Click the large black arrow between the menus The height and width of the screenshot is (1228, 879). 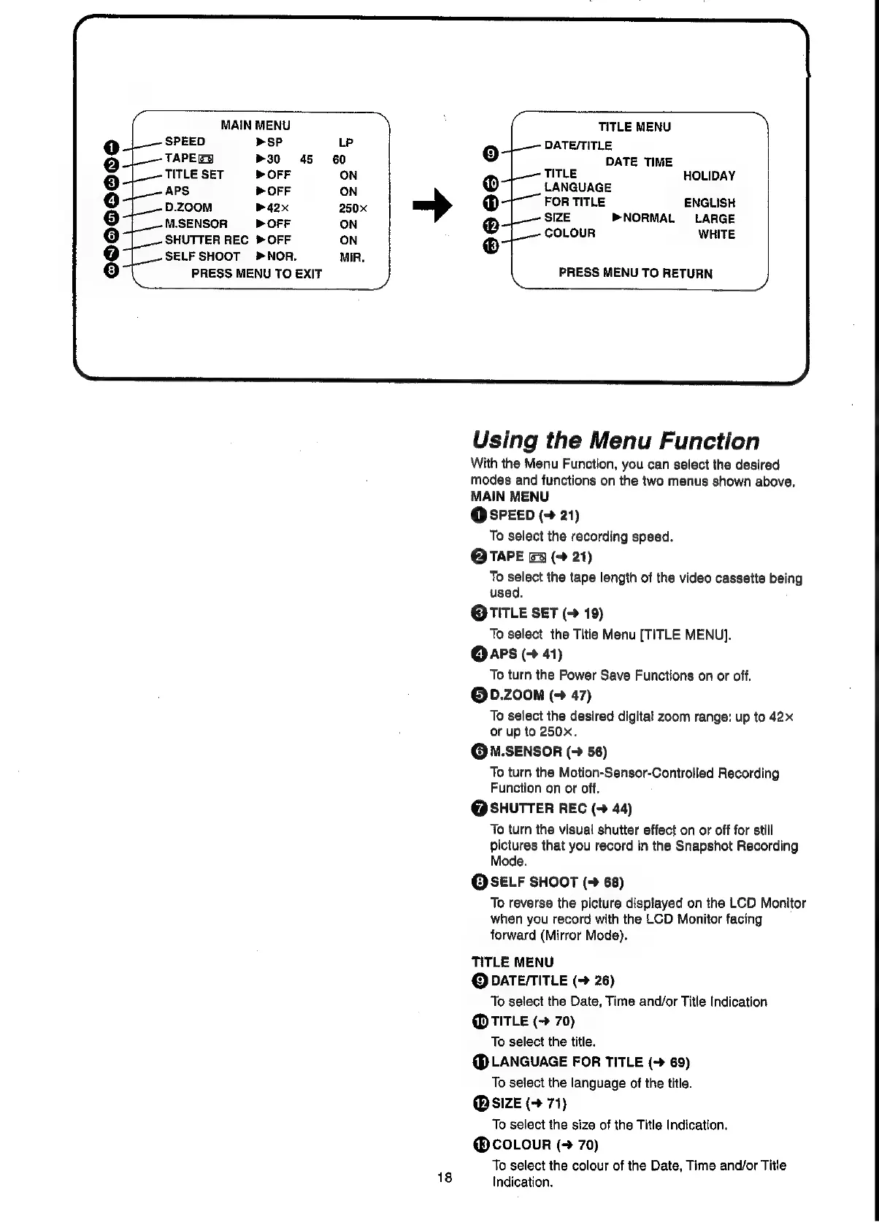coord(433,206)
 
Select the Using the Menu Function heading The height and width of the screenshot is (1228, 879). coord(615,441)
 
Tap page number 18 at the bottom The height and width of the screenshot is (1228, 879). coord(445,1177)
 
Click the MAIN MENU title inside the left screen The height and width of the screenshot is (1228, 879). coord(256,126)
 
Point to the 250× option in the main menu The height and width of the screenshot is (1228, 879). coord(353,208)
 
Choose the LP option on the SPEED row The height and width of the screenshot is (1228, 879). coord(346,142)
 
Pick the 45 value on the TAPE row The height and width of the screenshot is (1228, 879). coord(306,159)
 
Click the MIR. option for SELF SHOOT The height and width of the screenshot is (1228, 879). coord(352,257)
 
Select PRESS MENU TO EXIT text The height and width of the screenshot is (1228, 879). coord(256,274)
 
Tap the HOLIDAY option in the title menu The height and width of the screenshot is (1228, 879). coord(709,176)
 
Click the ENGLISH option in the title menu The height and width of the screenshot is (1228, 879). coord(709,203)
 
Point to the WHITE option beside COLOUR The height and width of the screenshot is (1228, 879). coord(716,234)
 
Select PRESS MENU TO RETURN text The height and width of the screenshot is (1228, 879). coord(635,273)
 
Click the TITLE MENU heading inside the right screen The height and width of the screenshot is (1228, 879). coord(634,127)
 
